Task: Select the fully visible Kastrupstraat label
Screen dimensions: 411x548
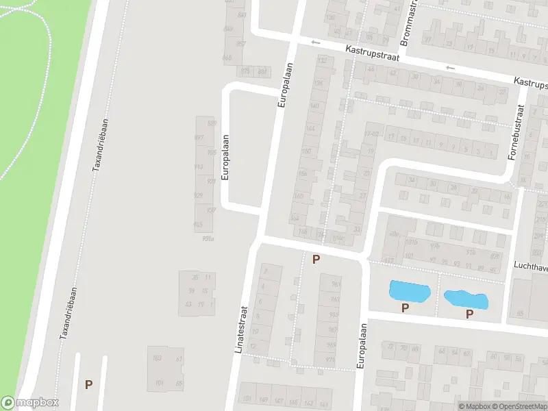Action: pyautogui.click(x=362, y=53)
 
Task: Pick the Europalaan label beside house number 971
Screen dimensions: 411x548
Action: pyautogui.click(x=361, y=348)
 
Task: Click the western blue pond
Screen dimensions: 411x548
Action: pyautogui.click(x=409, y=291)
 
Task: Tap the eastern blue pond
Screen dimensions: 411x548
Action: pyautogui.click(x=466, y=299)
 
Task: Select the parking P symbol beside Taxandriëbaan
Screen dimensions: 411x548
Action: pyautogui.click(x=88, y=384)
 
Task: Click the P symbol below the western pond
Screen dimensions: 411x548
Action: pyautogui.click(x=405, y=308)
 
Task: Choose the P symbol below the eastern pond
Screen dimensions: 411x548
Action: pyautogui.click(x=469, y=314)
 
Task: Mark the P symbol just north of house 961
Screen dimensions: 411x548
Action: pyautogui.click(x=316, y=259)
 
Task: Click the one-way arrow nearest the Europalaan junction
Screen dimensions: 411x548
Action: pyautogui.click(x=315, y=43)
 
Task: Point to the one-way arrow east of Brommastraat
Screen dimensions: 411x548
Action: pyautogui.click(x=450, y=68)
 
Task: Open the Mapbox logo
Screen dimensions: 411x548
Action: pyautogui.click(x=30, y=403)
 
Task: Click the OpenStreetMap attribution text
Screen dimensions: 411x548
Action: pyautogui.click(x=519, y=406)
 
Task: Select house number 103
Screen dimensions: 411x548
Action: pyautogui.click(x=157, y=358)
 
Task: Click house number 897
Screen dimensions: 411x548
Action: pyautogui.click(x=199, y=138)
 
